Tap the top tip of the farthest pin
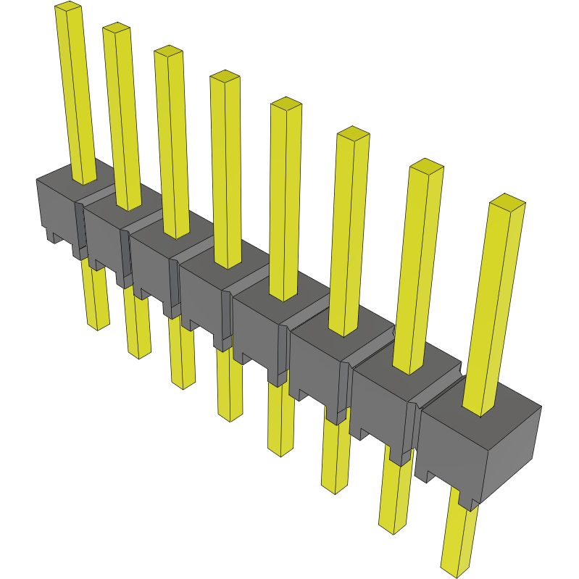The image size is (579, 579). [x=67, y=7]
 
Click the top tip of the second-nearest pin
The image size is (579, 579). [x=426, y=166]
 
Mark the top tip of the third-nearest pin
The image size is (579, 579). [x=354, y=133]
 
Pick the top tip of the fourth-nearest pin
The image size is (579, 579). [x=286, y=104]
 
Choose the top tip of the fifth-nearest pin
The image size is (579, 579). [x=225, y=76]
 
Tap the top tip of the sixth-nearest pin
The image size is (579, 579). [x=168, y=51]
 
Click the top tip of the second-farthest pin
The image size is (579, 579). [x=116, y=28]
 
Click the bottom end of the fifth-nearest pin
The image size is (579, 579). [x=230, y=415]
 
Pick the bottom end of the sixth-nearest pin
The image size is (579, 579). [x=183, y=383]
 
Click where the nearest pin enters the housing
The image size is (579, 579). [x=480, y=410]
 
